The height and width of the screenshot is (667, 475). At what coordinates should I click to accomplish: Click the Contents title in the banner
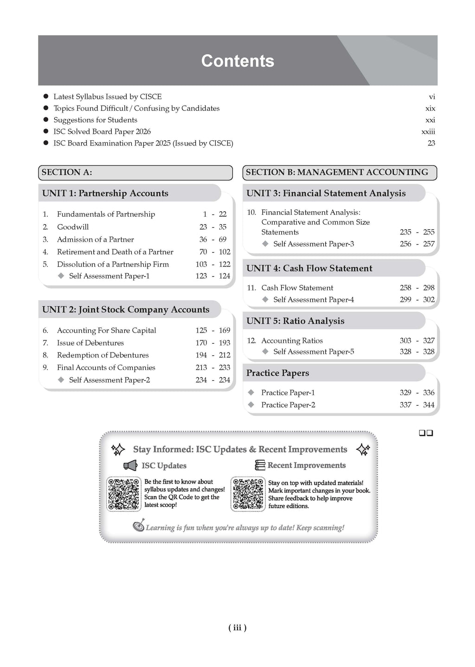tap(237, 61)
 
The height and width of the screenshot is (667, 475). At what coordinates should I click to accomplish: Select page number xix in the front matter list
tap(430, 108)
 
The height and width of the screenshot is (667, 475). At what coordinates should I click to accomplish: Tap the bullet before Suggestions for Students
tap(46, 120)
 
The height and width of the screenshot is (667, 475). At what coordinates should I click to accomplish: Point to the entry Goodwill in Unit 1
tap(73, 227)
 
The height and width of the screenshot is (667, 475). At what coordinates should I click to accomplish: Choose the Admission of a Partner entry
tap(95, 239)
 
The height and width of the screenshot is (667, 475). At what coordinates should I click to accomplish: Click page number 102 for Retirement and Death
tap(225, 252)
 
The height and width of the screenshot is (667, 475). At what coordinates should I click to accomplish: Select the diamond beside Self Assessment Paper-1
tap(61, 276)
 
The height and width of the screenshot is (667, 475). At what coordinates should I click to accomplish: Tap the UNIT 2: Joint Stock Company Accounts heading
tap(126, 309)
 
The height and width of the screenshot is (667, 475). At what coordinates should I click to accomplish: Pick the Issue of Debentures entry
tap(90, 343)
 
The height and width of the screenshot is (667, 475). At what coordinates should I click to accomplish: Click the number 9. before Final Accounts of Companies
tap(45, 368)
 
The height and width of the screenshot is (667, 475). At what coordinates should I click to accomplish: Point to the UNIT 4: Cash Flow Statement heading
tap(309, 268)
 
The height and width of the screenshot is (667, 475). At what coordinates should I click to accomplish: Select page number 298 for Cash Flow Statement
tap(429, 288)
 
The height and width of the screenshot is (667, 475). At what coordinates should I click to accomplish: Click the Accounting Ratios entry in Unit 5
tap(292, 340)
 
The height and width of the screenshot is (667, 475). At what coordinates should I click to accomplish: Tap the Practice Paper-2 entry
tap(288, 405)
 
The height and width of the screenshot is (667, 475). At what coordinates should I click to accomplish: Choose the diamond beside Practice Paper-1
tap(251, 392)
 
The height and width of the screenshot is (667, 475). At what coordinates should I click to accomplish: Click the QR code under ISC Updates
tap(124, 494)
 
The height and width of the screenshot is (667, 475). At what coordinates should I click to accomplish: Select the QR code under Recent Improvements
tap(248, 494)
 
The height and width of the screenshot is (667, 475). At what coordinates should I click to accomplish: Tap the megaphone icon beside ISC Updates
tap(130, 466)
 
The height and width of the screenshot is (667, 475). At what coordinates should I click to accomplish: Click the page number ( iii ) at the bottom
tap(237, 628)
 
